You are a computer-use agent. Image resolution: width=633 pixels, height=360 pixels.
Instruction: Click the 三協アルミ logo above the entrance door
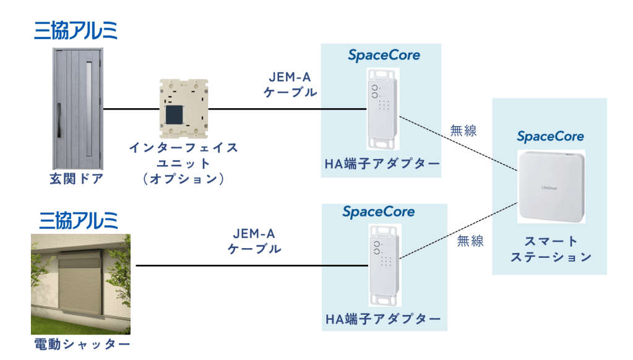pyautogui.click(x=76, y=31)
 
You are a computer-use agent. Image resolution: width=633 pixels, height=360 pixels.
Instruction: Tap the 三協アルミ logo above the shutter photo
pyautogui.click(x=79, y=220)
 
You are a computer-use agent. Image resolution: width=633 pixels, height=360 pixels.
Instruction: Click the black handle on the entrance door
pyautogui.click(x=59, y=120)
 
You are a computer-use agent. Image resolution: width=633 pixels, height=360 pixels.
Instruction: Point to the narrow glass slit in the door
pyautogui.click(x=89, y=109)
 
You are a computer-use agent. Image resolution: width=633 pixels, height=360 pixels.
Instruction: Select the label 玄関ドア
pyautogui.click(x=76, y=178)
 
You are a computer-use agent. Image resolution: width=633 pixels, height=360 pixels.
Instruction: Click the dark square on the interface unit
pyautogui.click(x=174, y=115)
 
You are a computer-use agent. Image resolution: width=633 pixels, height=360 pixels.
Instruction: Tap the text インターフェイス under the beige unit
pyautogui.click(x=183, y=148)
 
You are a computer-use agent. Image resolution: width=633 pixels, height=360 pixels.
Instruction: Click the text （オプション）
pyautogui.click(x=183, y=178)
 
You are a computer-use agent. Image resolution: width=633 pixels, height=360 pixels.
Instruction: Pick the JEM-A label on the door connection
pyautogui.click(x=290, y=77)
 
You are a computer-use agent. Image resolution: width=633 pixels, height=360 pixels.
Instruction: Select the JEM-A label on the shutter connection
pyautogui.click(x=254, y=233)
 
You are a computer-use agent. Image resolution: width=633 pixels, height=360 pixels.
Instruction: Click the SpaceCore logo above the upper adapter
pyautogui.click(x=384, y=55)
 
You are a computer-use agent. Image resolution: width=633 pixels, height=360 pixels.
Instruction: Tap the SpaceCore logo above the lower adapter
pyautogui.click(x=378, y=212)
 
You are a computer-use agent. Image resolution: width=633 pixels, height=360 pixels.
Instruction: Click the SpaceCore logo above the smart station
pyautogui.click(x=550, y=137)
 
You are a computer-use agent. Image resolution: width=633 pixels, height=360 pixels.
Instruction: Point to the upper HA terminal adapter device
pyautogui.click(x=382, y=109)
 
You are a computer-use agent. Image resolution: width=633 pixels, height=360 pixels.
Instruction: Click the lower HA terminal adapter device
pyautogui.click(x=385, y=265)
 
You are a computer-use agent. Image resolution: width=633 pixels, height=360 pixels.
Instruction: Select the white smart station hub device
pyautogui.click(x=551, y=186)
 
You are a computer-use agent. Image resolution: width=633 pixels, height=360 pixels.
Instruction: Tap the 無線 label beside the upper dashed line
pyautogui.click(x=463, y=131)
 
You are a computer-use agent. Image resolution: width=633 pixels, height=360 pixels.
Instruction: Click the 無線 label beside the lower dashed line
pyautogui.click(x=470, y=241)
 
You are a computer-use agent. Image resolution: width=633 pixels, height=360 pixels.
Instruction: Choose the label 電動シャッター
pyautogui.click(x=82, y=345)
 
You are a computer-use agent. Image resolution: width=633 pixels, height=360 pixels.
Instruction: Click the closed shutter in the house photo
pyautogui.click(x=80, y=284)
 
